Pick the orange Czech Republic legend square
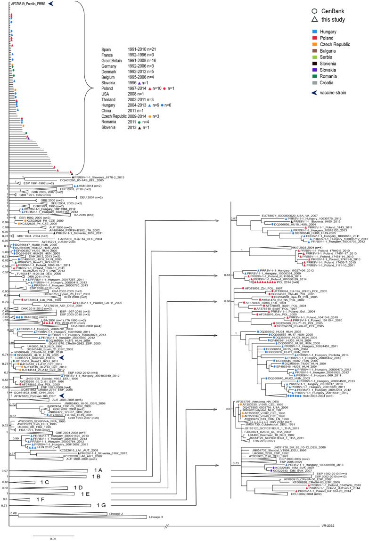coord(307,47)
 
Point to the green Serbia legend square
coord(307,64)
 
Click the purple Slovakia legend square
coord(307,80)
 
